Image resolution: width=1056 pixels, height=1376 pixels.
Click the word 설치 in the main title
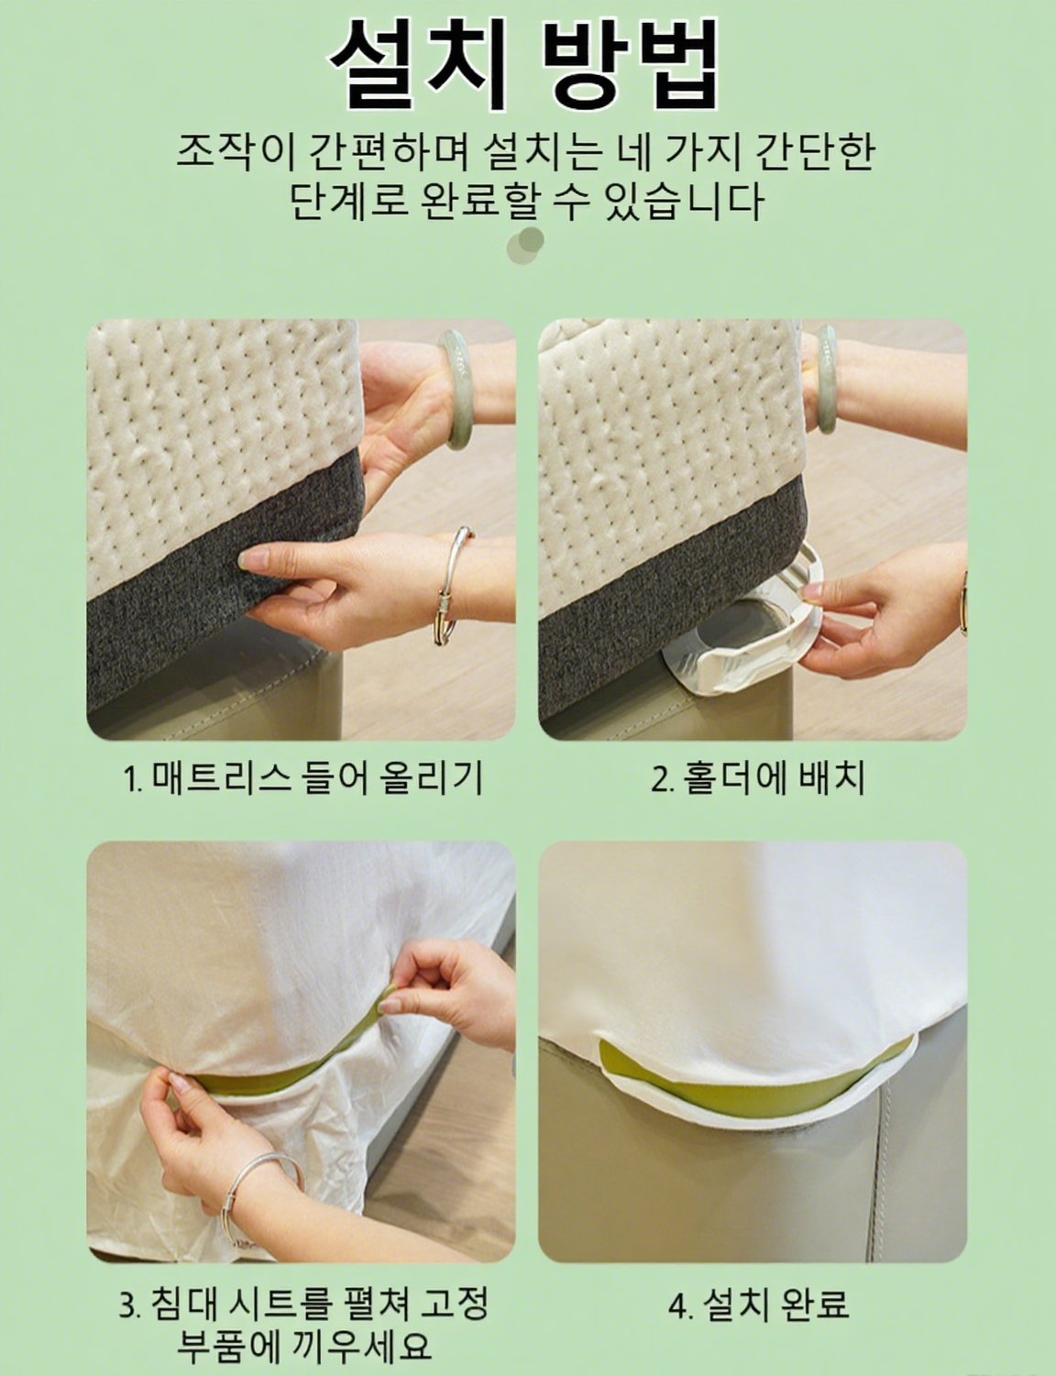click(x=419, y=65)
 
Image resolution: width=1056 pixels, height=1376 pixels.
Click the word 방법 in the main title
click(x=632, y=65)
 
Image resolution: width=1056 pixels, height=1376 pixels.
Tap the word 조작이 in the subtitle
click(x=235, y=152)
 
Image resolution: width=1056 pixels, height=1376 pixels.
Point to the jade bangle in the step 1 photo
click(x=457, y=389)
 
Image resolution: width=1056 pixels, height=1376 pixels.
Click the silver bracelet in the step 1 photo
click(x=454, y=586)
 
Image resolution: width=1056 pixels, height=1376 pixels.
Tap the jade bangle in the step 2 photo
click(x=826, y=379)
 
